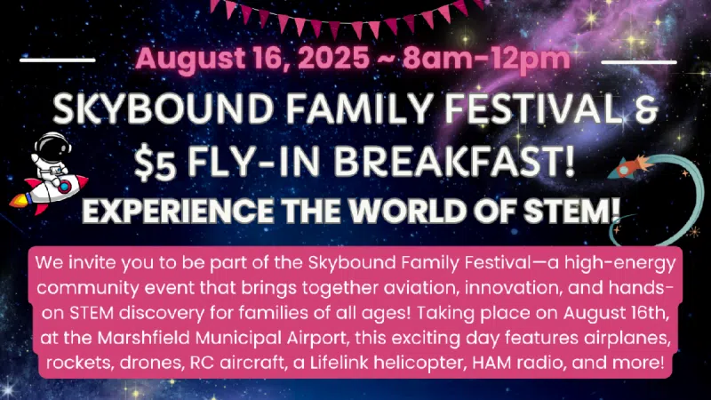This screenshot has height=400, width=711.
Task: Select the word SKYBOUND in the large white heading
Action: pyautogui.click(x=164, y=109)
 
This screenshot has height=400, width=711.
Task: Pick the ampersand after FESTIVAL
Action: pyautogui.click(x=646, y=109)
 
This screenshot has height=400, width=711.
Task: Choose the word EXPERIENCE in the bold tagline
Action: pyautogui.click(x=177, y=212)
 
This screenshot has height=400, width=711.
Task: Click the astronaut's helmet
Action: pyautogui.click(x=52, y=146)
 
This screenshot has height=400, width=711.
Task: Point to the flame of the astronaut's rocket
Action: pyautogui.click(x=20, y=200)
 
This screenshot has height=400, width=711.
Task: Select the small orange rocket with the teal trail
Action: pyautogui.click(x=631, y=167)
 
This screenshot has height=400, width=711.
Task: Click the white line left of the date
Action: pyautogui.click(x=58, y=60)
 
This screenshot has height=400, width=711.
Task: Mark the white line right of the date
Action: pyautogui.click(x=639, y=61)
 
